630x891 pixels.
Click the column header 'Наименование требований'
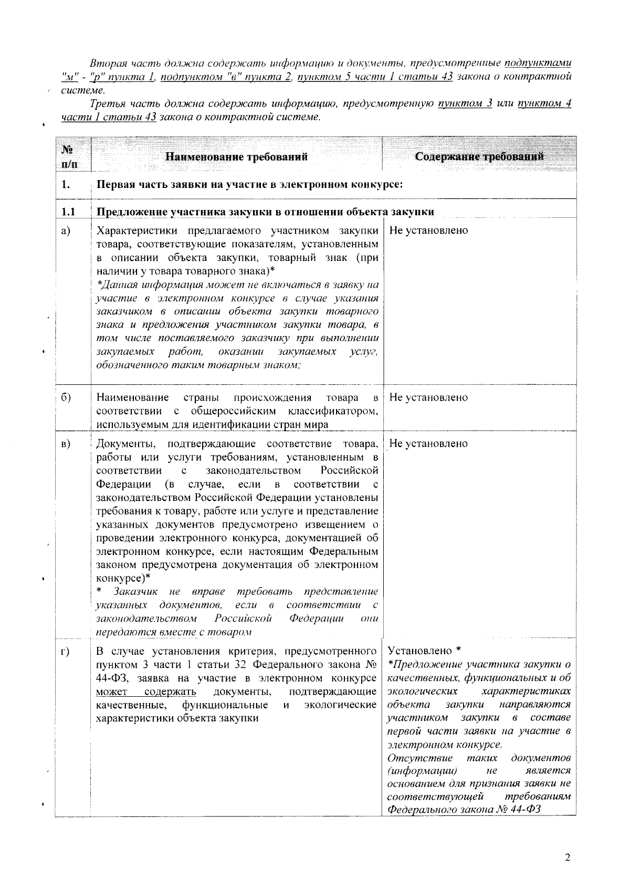[236, 156]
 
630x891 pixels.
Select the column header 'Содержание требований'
[479, 156]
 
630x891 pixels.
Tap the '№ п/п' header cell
[68, 156]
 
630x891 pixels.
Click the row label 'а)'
[66, 231]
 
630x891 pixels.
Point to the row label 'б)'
[66, 397]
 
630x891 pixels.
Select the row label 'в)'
[66, 444]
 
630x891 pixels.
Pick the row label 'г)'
[66, 652]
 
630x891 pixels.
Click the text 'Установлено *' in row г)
[423, 652]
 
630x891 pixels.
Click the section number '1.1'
[68, 212]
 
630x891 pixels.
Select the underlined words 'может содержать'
[146, 691]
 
